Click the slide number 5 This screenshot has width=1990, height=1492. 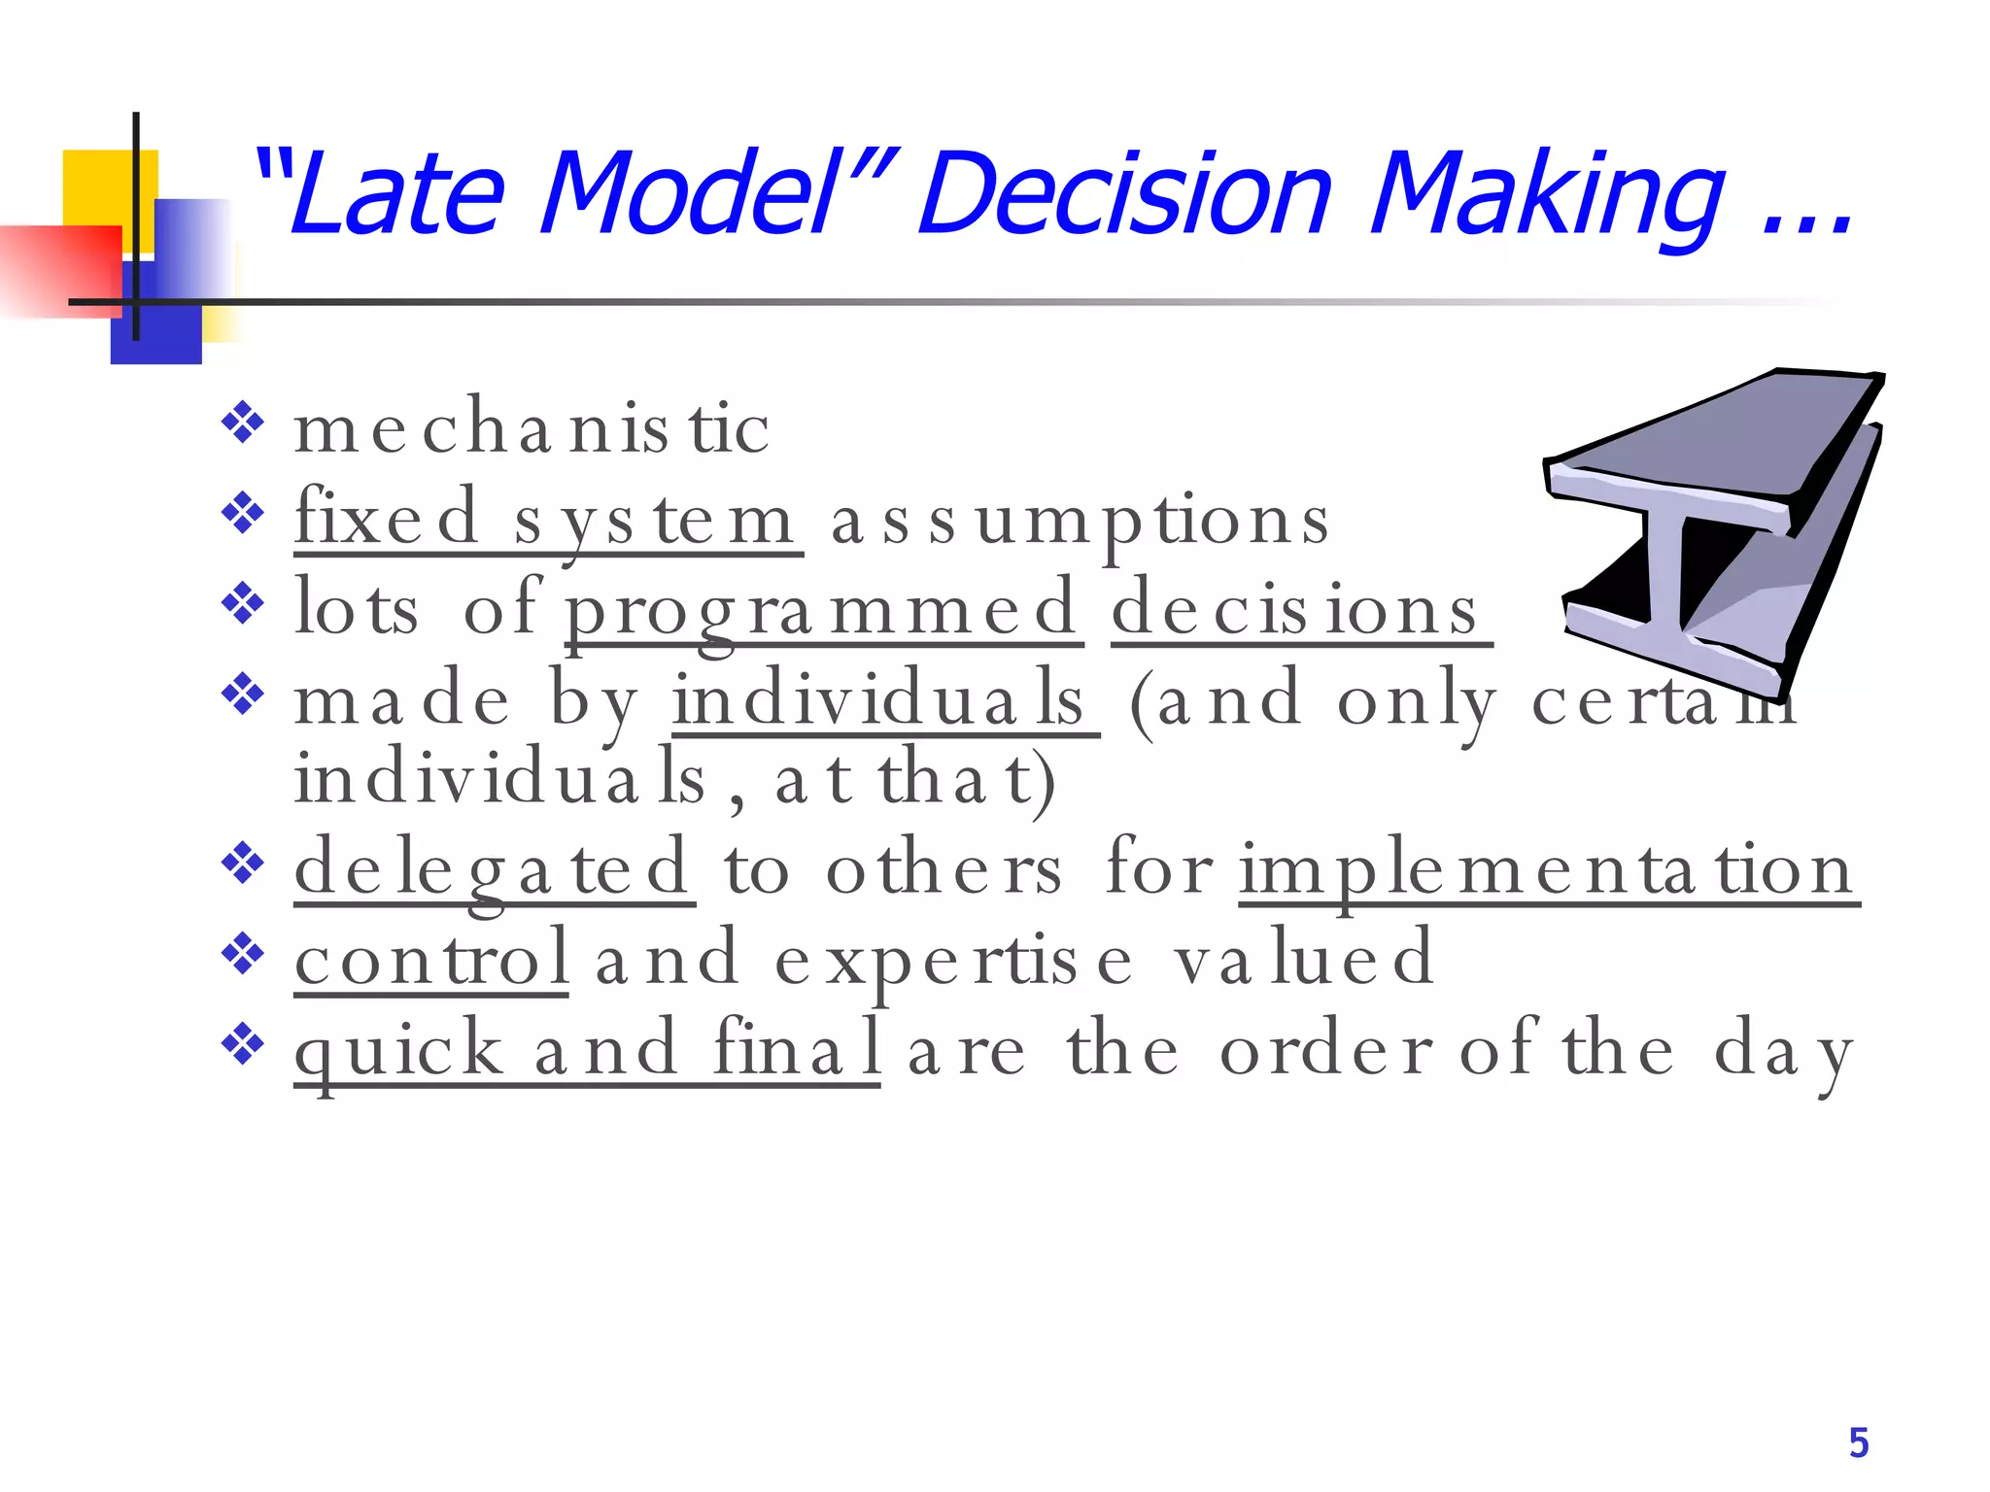pos(1858,1443)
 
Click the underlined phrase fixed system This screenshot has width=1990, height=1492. pos(547,520)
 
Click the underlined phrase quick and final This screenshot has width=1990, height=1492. pos(587,1050)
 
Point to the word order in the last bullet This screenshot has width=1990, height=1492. pos(1325,1050)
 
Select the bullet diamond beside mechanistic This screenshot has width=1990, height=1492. pos(243,424)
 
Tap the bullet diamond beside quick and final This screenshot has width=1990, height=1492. pos(243,1045)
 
